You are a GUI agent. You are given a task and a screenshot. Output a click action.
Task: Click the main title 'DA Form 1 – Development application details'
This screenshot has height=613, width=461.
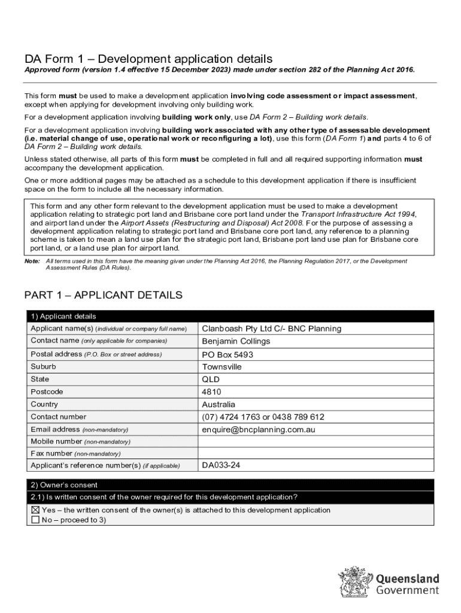coord(148,59)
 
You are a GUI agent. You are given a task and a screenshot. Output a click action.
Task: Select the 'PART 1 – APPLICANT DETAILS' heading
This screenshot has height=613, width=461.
coord(103,295)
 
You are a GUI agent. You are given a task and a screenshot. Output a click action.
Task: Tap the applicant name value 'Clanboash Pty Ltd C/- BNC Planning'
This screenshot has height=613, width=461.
coord(271,329)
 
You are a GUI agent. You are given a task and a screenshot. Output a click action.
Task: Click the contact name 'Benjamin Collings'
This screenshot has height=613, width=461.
coord(236,341)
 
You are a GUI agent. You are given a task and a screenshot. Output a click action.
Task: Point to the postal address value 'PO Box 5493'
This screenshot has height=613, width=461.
coord(228,354)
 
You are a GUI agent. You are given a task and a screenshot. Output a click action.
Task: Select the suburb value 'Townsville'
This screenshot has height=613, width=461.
coord(222,367)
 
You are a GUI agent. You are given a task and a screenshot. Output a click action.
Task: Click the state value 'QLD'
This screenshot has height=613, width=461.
coord(211,380)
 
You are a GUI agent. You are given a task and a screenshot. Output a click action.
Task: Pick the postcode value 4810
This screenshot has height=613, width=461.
coord(211,392)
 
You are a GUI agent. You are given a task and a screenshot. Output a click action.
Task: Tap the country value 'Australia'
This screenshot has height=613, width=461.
coord(219,405)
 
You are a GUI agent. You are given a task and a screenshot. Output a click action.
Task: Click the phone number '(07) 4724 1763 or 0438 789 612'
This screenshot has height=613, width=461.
coord(263,417)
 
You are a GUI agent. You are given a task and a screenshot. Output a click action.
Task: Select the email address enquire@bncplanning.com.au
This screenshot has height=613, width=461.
coord(258,430)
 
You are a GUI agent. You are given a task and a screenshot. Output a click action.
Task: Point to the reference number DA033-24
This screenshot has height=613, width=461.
coord(221,465)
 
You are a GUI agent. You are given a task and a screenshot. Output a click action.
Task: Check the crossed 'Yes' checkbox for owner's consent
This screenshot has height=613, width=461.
coord(35,510)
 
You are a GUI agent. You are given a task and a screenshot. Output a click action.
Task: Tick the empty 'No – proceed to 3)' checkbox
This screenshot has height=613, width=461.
coord(35,520)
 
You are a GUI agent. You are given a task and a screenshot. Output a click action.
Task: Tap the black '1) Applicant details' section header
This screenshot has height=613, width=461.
coord(63,316)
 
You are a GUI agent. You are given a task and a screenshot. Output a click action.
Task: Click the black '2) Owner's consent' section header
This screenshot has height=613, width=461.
coord(63,485)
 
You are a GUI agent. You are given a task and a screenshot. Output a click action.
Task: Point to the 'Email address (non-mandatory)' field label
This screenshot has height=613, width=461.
coord(79,430)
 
